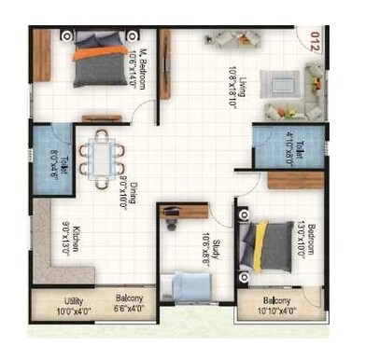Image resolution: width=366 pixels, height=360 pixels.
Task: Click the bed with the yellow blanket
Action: [266, 245]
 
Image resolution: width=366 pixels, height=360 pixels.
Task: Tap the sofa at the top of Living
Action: [229, 40]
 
